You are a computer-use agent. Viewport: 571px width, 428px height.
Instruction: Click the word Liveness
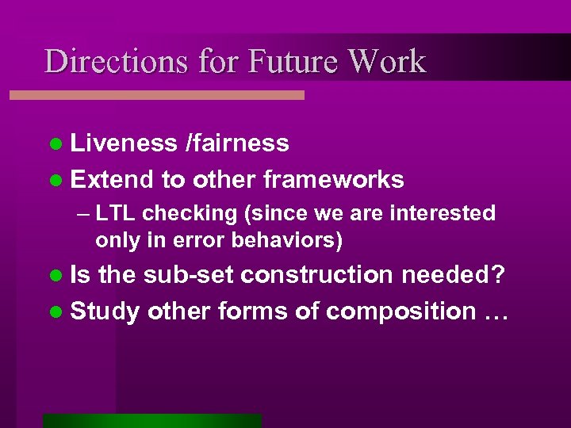[123, 143]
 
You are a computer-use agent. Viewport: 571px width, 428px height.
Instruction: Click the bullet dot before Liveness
[55, 143]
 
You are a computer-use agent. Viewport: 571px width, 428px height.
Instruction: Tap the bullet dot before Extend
[55, 181]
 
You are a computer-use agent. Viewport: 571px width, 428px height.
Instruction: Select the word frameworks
[333, 180]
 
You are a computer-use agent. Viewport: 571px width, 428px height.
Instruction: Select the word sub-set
[188, 274]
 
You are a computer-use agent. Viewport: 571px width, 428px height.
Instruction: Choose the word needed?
[452, 274]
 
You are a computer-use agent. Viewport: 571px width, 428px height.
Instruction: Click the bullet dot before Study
[55, 312]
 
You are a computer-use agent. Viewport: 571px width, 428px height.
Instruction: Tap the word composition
[400, 311]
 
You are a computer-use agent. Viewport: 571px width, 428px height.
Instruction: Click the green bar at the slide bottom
[152, 421]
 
